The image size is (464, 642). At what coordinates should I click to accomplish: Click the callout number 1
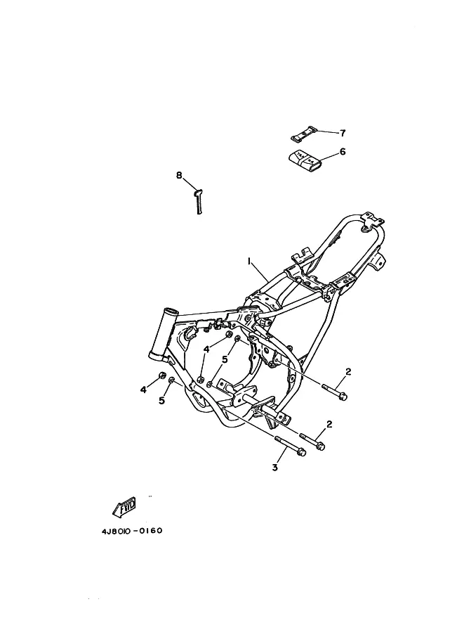pyautogui.click(x=248, y=261)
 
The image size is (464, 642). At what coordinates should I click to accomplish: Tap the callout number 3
pyautogui.click(x=274, y=467)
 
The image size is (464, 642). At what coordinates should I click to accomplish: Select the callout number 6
pyautogui.click(x=343, y=151)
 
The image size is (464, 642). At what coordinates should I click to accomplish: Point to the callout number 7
pyautogui.click(x=343, y=133)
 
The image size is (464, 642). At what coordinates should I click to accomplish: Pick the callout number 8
pyautogui.click(x=179, y=175)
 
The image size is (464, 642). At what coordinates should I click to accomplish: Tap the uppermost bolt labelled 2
pyautogui.click(x=335, y=392)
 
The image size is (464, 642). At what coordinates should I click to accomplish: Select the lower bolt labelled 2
pyautogui.click(x=313, y=442)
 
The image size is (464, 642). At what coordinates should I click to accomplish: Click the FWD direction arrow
pyautogui.click(x=124, y=506)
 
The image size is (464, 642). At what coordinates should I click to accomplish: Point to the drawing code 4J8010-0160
pyautogui.click(x=132, y=531)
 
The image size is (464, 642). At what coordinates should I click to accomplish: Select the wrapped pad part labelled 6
pyautogui.click(x=305, y=160)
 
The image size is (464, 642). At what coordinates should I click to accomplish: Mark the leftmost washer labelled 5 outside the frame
pyautogui.click(x=172, y=380)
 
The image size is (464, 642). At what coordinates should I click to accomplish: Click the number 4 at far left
pyautogui.click(x=143, y=390)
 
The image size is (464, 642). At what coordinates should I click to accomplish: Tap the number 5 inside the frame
pyautogui.click(x=225, y=359)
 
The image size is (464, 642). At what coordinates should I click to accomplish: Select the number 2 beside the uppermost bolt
pyautogui.click(x=348, y=372)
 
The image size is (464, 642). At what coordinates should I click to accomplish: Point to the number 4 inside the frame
pyautogui.click(x=207, y=349)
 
